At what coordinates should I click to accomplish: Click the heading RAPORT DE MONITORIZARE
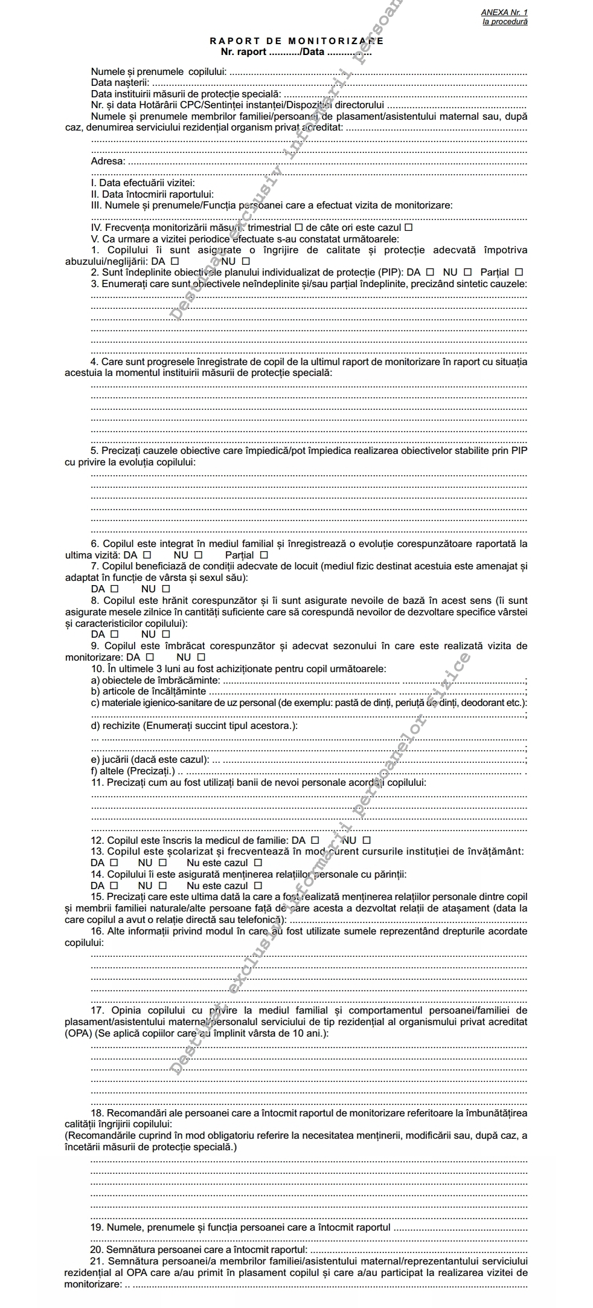[296, 41]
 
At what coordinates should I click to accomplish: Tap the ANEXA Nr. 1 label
[504, 12]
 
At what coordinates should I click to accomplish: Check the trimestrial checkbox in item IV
[298, 228]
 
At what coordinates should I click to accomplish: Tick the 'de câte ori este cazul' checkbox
[408, 228]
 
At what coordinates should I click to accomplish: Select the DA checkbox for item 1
[175, 262]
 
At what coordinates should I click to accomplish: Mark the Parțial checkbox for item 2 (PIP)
[519, 273]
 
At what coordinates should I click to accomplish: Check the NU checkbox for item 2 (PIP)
[467, 273]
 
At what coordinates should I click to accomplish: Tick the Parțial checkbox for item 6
[263, 555]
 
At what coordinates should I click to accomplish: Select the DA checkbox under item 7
[115, 589]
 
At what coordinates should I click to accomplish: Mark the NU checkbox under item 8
[165, 634]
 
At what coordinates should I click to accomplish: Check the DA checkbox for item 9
[150, 657]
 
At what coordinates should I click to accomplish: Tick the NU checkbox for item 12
[366, 840]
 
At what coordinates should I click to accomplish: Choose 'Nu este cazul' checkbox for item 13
[258, 863]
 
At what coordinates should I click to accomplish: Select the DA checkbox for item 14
[114, 885]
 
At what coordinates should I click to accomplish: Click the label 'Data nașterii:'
[120, 83]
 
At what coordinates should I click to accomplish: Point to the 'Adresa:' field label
[108, 161]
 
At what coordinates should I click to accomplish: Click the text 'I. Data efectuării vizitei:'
[143, 183]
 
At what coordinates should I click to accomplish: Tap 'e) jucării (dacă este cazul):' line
[150, 760]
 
